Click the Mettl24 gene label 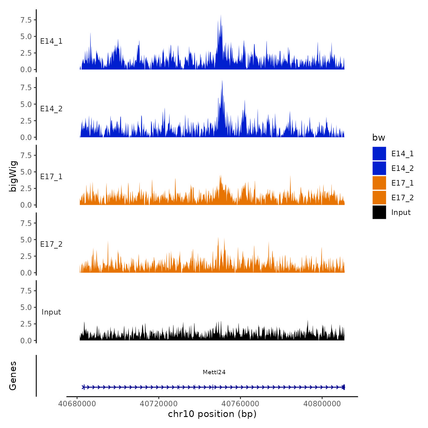click(x=214, y=372)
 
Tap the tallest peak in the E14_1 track click(x=221, y=16)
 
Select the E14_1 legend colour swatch click(x=379, y=153)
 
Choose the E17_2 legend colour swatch click(x=379, y=197)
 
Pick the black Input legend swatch click(x=379, y=212)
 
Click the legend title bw click(x=378, y=138)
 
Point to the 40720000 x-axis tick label click(x=159, y=404)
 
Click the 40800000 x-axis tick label click(x=322, y=404)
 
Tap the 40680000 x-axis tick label click(x=77, y=404)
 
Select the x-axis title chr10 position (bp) click(x=212, y=414)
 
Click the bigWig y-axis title click(x=13, y=176)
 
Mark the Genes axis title click(x=13, y=376)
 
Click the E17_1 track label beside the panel click(x=51, y=177)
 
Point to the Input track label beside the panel click(x=51, y=312)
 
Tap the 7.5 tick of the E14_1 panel click(x=26, y=20)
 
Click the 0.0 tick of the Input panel click(x=26, y=341)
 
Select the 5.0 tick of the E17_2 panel click(x=26, y=240)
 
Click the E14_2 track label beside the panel click(x=51, y=109)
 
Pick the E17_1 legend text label click(x=402, y=183)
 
